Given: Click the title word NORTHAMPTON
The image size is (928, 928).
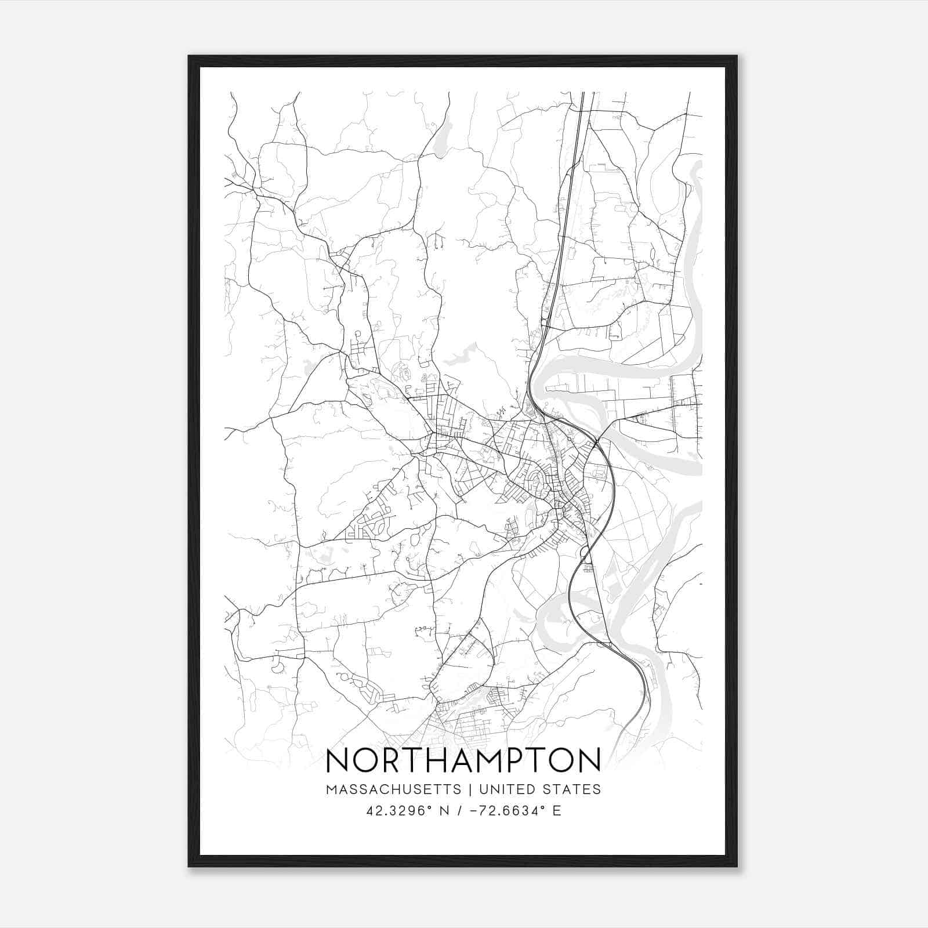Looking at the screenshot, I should pyautogui.click(x=463, y=760).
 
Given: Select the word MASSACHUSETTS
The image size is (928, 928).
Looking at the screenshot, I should pyautogui.click(x=394, y=789).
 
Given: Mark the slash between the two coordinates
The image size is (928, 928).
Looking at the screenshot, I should pyautogui.click(x=459, y=811).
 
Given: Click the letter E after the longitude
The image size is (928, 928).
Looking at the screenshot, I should pyautogui.click(x=557, y=811).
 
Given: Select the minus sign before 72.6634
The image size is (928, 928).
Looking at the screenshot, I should pyautogui.click(x=475, y=811).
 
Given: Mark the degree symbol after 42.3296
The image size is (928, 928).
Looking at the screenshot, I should pyautogui.click(x=429, y=807).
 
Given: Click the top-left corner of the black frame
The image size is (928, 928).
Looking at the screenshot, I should pyautogui.click(x=189, y=56).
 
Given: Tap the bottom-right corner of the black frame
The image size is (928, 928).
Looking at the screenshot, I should pyautogui.click(x=737, y=866).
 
